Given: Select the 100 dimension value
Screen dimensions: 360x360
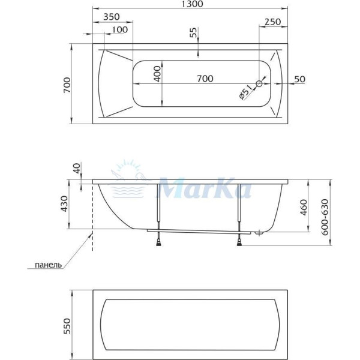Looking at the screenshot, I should pyautogui.click(x=119, y=29).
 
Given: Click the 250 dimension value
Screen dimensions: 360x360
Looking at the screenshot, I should pyautogui.click(x=273, y=22).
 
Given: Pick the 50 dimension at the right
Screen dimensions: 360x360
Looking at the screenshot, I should pyautogui.click(x=300, y=79).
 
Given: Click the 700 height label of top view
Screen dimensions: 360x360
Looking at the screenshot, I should pyautogui.click(x=67, y=85).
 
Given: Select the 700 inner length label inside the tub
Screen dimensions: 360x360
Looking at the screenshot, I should pyautogui.click(x=205, y=79).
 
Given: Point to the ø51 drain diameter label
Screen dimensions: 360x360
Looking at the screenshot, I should pyautogui.click(x=245, y=94).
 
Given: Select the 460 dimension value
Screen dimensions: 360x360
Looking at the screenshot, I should pyautogui.click(x=303, y=206).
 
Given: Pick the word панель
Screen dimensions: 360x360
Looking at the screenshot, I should pyautogui.click(x=49, y=265).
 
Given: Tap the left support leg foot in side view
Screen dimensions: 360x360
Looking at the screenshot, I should pyautogui.click(x=159, y=241).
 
